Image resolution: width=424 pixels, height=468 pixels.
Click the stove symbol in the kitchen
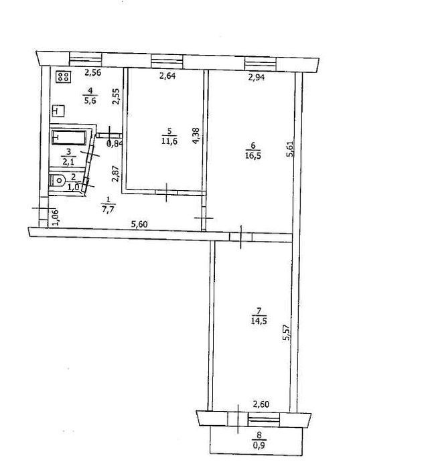tap(64, 76)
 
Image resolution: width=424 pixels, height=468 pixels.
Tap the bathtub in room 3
tap(69, 137)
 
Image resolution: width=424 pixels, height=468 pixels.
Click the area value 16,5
tap(253, 155)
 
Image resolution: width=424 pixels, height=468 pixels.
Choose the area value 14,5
tap(259, 321)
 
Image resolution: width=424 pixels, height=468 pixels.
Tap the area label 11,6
tap(169, 141)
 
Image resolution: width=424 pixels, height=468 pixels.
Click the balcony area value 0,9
tap(259, 446)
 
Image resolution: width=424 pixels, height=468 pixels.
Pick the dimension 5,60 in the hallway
tap(139, 224)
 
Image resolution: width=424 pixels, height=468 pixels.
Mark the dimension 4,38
tap(196, 136)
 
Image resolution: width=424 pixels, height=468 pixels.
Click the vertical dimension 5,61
tap(289, 149)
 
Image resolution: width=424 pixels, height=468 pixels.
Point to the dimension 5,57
tap(286, 333)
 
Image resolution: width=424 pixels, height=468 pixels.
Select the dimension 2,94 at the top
tap(256, 78)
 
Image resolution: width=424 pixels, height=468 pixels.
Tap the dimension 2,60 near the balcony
tap(261, 404)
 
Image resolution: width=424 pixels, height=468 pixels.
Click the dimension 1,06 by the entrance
tap(56, 218)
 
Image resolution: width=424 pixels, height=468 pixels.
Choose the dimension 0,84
tap(115, 144)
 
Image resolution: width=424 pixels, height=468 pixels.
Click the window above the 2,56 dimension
tap(86, 59)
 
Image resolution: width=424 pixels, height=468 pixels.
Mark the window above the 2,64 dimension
tap(167, 62)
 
